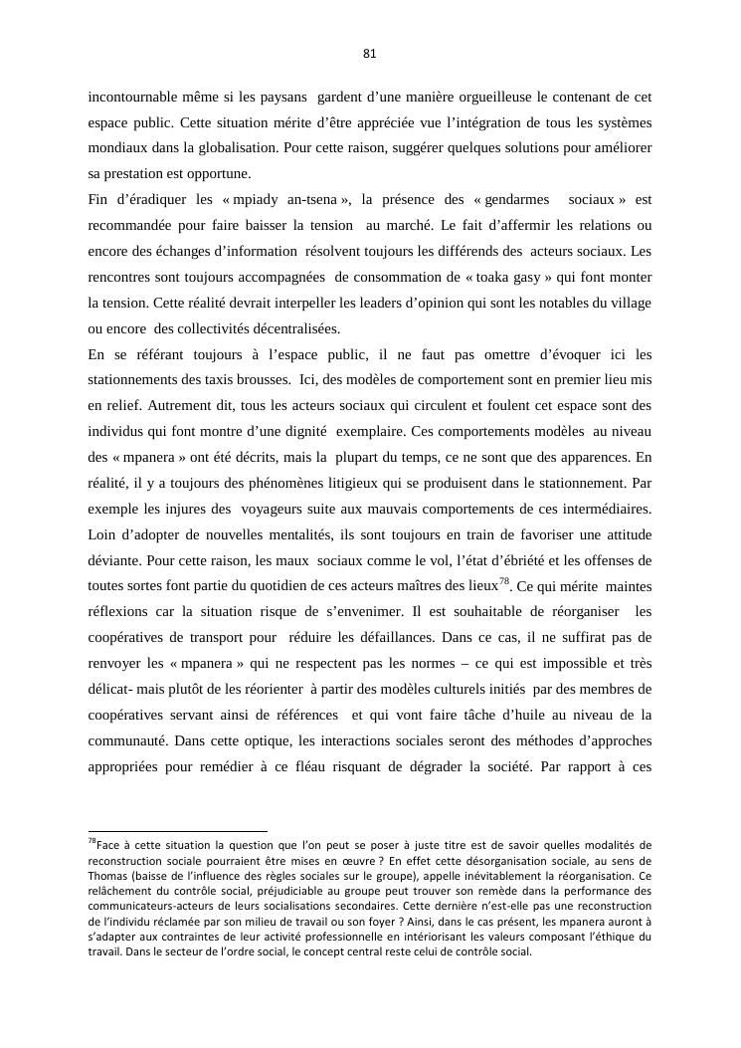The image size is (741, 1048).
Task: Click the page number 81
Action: (370, 54)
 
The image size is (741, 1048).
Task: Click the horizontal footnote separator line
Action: (178, 830)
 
